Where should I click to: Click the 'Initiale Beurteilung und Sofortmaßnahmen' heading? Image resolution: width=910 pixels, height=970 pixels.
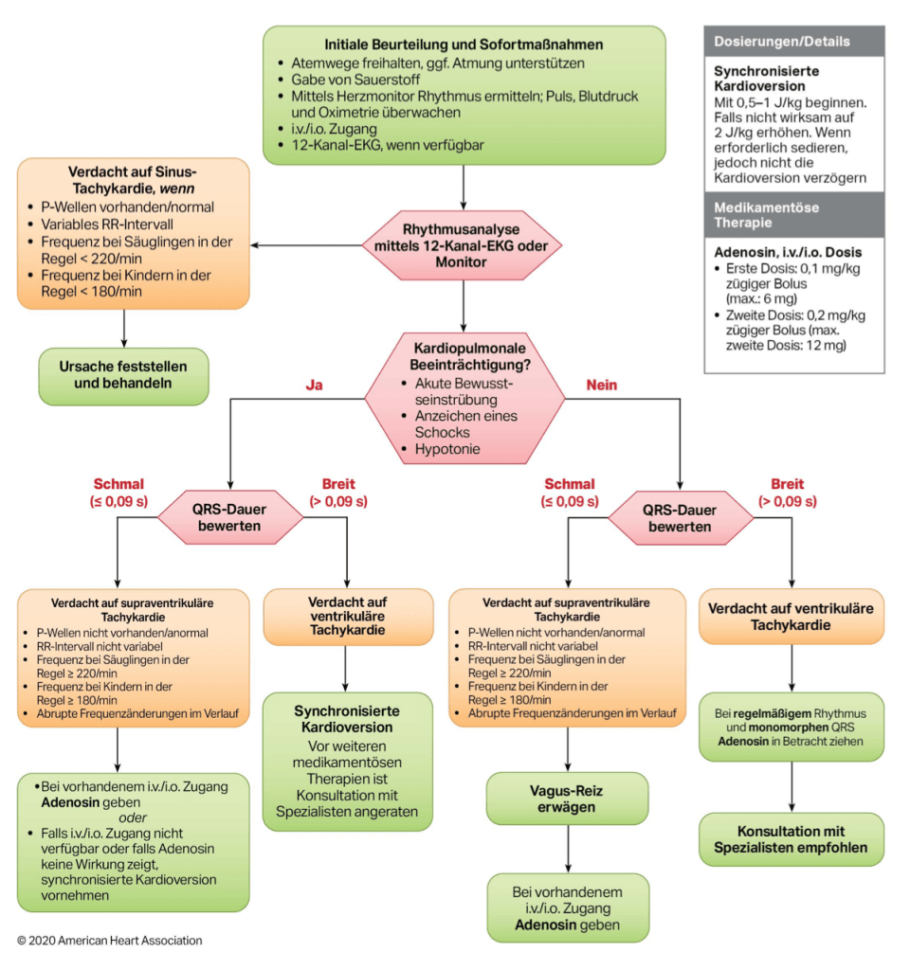[464, 45]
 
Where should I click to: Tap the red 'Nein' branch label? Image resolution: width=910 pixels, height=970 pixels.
[602, 386]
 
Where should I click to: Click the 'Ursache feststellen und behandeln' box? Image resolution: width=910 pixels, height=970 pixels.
[123, 375]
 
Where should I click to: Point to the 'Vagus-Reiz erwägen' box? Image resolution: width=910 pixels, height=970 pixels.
[567, 798]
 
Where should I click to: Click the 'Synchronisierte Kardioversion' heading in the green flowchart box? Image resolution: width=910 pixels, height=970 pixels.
[347, 719]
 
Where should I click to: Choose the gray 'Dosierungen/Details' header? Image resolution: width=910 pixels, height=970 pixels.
[793, 42]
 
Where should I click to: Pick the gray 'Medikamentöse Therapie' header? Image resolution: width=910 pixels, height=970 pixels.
[793, 215]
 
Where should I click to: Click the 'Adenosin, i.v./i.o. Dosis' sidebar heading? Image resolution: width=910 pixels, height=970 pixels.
[788, 254]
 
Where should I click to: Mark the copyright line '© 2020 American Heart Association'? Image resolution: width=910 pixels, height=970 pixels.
[110, 941]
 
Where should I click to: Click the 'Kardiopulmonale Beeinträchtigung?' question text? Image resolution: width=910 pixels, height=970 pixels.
[464, 355]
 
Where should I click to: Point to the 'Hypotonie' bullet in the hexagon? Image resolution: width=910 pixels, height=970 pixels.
[447, 448]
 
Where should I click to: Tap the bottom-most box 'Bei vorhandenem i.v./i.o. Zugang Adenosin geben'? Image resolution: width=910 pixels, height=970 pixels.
[567, 907]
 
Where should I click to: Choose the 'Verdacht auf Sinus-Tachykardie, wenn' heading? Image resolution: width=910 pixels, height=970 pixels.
[133, 181]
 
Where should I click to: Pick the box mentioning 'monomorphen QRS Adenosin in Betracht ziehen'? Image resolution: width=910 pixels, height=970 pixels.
[792, 726]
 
